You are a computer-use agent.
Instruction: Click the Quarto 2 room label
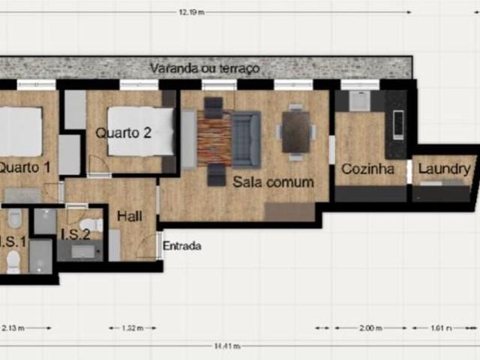pos(124,133)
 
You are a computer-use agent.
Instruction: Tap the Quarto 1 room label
pos(24,168)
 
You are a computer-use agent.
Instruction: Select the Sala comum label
pos(272,182)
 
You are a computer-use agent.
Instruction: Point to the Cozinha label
pos(367,169)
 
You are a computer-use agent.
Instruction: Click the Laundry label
pos(444,169)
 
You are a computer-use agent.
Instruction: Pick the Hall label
pos(130,216)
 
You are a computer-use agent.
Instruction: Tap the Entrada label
pos(182,245)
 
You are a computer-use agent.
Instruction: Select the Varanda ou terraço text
pos(204,68)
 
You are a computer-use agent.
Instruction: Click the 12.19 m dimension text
pos(193,11)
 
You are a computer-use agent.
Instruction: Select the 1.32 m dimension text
pos(133,328)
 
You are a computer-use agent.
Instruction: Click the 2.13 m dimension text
pos(13,328)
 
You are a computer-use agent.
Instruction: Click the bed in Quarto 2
pos(140,132)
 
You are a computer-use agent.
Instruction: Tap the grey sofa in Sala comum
pos(245,139)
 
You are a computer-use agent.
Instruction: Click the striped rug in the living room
pos(214,142)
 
